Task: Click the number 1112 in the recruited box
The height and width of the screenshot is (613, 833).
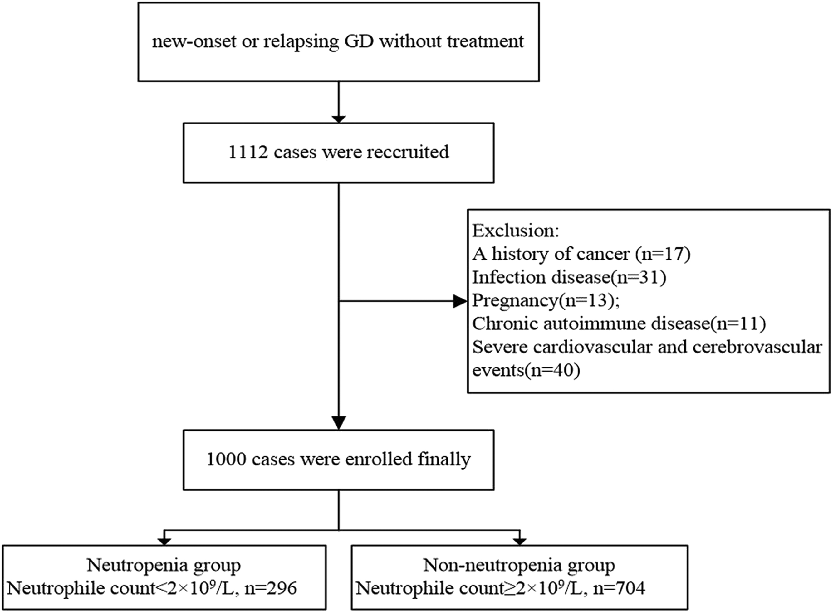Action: [248, 153]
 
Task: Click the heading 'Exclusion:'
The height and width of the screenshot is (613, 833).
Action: [516, 231]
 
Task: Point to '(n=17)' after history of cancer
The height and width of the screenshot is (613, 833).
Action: [663, 255]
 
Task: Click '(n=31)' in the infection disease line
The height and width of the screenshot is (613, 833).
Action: [639, 278]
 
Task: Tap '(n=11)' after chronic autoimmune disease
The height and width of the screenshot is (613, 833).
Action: [738, 324]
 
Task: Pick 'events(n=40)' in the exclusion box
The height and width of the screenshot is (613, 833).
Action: [526, 370]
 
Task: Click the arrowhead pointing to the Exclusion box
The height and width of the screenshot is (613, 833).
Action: [460, 301]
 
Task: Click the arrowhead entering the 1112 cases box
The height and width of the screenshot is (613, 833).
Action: [339, 119]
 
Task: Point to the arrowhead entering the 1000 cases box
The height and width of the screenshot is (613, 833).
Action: [339, 423]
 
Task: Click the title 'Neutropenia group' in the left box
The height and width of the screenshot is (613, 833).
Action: [164, 565]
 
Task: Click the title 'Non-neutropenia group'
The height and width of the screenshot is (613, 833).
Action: [519, 565]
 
